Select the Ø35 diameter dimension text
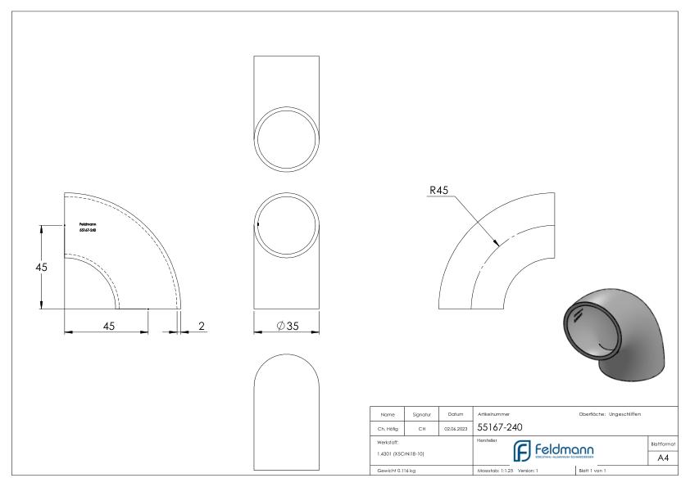click(287, 327)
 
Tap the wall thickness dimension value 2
click(202, 326)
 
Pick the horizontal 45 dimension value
click(108, 326)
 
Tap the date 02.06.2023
click(455, 427)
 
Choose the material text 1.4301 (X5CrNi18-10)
click(402, 453)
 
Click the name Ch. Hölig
click(388, 427)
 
